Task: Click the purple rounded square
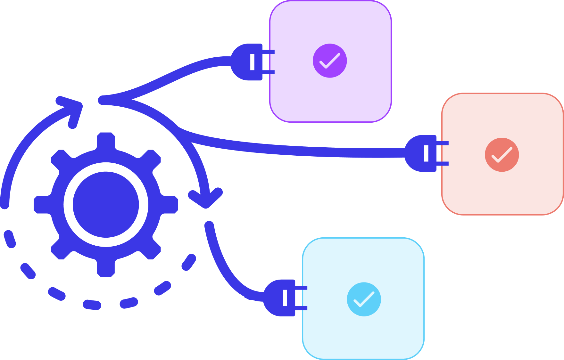click(x=330, y=61)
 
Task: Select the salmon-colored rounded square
click(x=502, y=154)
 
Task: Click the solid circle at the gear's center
click(x=106, y=204)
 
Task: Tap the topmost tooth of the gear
click(x=106, y=140)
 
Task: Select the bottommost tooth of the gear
click(x=106, y=269)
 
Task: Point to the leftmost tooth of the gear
click(x=41, y=204)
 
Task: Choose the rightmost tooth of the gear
click(x=170, y=204)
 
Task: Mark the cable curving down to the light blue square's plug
click(x=224, y=269)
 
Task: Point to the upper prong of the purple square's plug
click(x=269, y=52)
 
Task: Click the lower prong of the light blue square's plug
click(x=301, y=308)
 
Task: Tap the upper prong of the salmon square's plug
click(x=442, y=143)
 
